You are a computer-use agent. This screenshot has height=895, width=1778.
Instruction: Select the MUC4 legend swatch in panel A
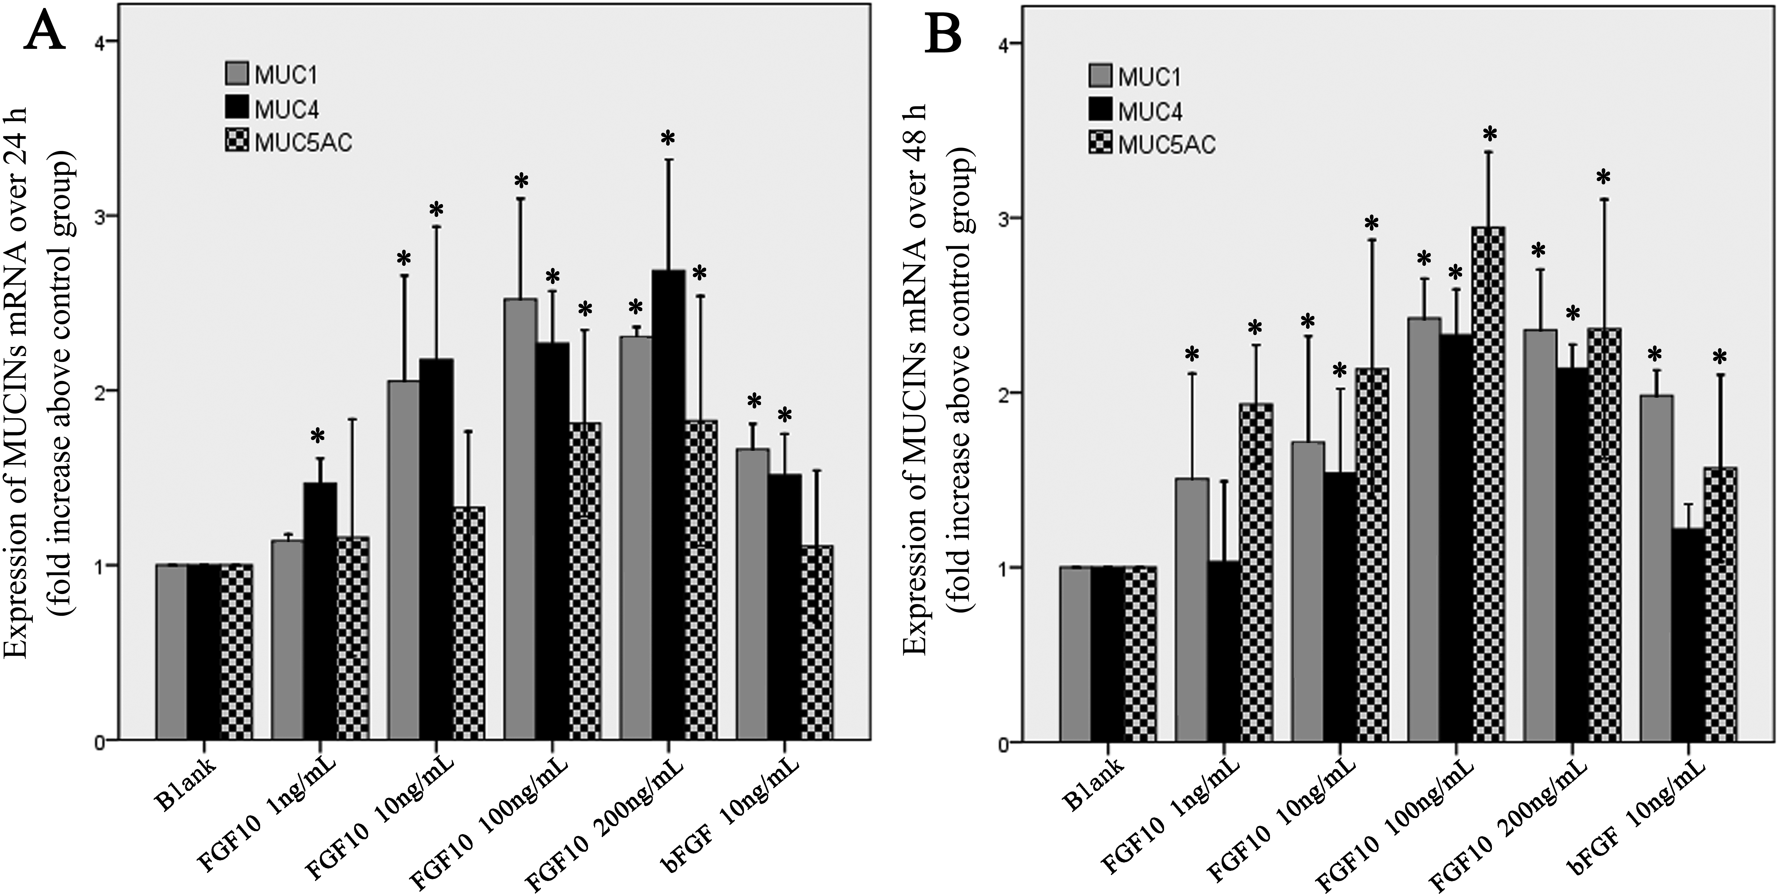[x=236, y=108]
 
